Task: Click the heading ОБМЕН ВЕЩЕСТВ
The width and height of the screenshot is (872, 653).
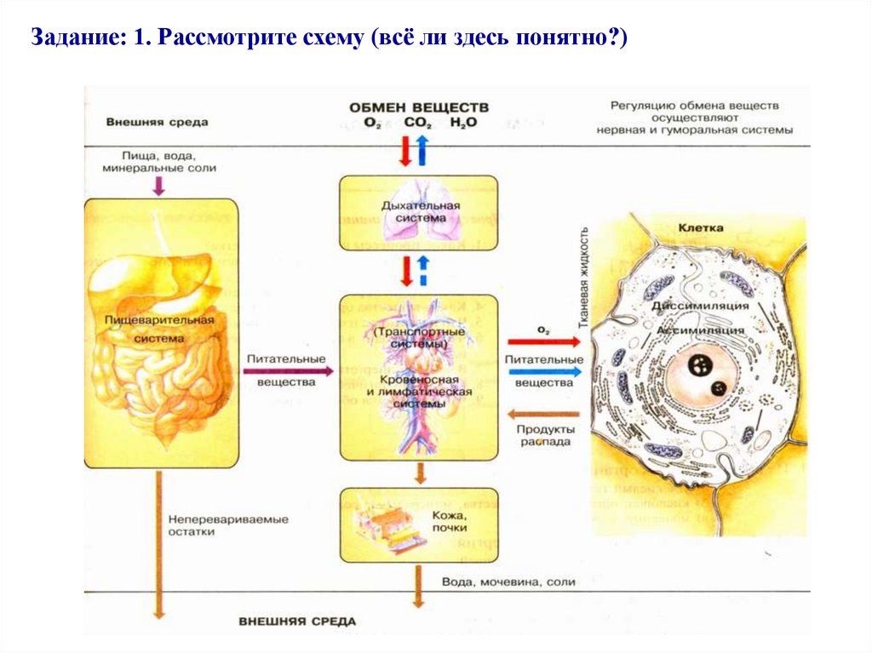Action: [x=418, y=107]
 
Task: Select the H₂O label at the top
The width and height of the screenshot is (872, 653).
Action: [x=464, y=123]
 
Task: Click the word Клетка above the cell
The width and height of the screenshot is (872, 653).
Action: [x=701, y=228]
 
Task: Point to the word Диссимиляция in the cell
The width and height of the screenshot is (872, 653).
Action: [x=700, y=306]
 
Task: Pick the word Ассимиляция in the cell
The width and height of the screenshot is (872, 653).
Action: [x=700, y=329]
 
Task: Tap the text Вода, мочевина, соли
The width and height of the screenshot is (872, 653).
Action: [x=508, y=582]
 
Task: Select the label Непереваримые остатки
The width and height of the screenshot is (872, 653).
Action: [x=227, y=525]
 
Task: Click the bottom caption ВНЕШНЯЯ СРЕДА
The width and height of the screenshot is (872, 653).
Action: [x=297, y=621]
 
